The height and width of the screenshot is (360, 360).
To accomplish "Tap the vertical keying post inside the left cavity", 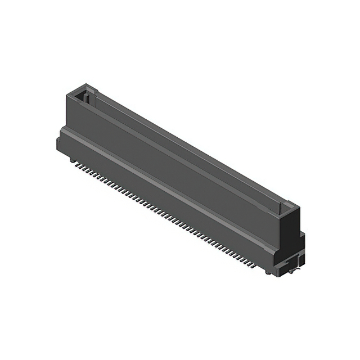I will pyautogui.click(x=85, y=97).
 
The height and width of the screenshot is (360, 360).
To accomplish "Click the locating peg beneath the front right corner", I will pyautogui.click(x=268, y=272).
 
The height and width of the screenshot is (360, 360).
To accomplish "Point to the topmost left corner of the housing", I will pyautogui.click(x=67, y=94).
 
